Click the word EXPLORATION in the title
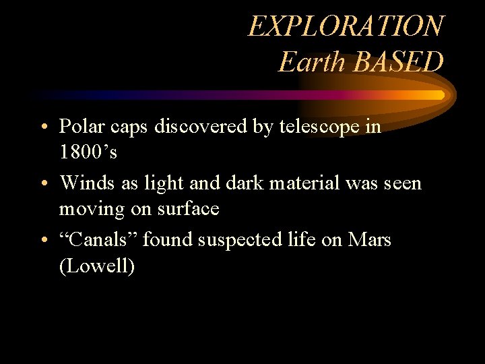[346, 26]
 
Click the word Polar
[82, 126]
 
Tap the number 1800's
[88, 152]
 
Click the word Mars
[370, 239]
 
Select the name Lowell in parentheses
[97, 266]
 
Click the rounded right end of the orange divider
[441, 95]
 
